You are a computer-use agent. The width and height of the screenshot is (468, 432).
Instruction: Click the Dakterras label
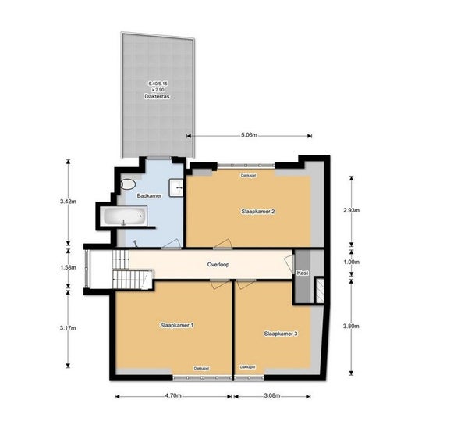click(157, 97)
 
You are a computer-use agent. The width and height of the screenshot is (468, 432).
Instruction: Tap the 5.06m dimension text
click(249, 135)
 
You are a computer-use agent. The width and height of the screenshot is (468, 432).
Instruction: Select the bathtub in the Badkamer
click(124, 216)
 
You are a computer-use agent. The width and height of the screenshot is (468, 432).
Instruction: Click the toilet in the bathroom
click(128, 184)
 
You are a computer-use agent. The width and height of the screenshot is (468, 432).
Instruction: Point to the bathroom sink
click(176, 187)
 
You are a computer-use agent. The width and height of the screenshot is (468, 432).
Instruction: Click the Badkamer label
click(149, 196)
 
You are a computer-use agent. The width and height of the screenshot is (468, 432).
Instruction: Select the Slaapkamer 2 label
click(258, 212)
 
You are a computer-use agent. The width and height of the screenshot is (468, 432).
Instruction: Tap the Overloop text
click(218, 265)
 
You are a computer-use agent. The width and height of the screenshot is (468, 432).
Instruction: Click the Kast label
click(303, 273)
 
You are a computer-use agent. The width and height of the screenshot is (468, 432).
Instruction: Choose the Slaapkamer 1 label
click(177, 325)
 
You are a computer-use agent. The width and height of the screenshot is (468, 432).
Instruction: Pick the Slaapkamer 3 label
click(281, 334)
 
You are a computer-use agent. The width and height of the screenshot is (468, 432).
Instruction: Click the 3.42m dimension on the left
click(68, 202)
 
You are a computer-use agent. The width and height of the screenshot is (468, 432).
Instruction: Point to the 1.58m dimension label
click(68, 267)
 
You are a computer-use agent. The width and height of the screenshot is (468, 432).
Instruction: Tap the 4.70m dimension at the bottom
click(173, 395)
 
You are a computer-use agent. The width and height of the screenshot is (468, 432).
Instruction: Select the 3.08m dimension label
click(272, 395)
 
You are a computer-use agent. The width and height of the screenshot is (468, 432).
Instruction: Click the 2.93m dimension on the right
click(351, 210)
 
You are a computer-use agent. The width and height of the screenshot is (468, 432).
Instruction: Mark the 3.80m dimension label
click(351, 326)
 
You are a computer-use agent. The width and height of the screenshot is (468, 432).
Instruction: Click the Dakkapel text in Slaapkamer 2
click(249, 176)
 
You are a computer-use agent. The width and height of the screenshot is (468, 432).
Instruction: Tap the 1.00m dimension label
click(351, 262)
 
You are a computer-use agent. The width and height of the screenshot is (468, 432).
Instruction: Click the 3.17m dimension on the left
click(68, 328)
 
